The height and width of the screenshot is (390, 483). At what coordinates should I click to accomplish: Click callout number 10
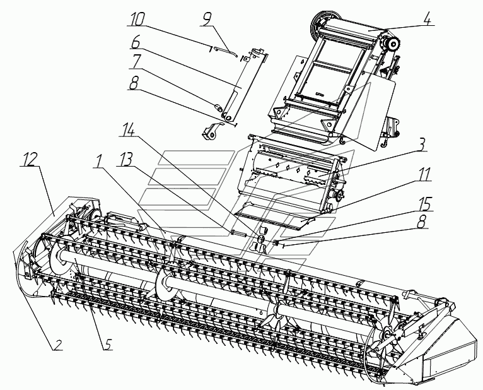point(136,20)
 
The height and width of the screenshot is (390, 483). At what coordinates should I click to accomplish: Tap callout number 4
point(426,19)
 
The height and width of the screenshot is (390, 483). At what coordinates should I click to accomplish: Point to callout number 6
point(135,42)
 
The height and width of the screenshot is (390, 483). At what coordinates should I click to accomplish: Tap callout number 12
point(30,160)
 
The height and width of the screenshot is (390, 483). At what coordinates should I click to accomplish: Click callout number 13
point(124,160)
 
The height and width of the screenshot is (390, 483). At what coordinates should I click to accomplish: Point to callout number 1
point(98,160)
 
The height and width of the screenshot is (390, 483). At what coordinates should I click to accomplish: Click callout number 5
point(107,343)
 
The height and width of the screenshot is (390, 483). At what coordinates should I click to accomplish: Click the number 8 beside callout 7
point(134,83)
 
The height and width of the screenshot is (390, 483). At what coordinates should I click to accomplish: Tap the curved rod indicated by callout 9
point(225,52)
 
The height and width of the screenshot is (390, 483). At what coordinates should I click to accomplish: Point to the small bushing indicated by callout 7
point(218,108)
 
